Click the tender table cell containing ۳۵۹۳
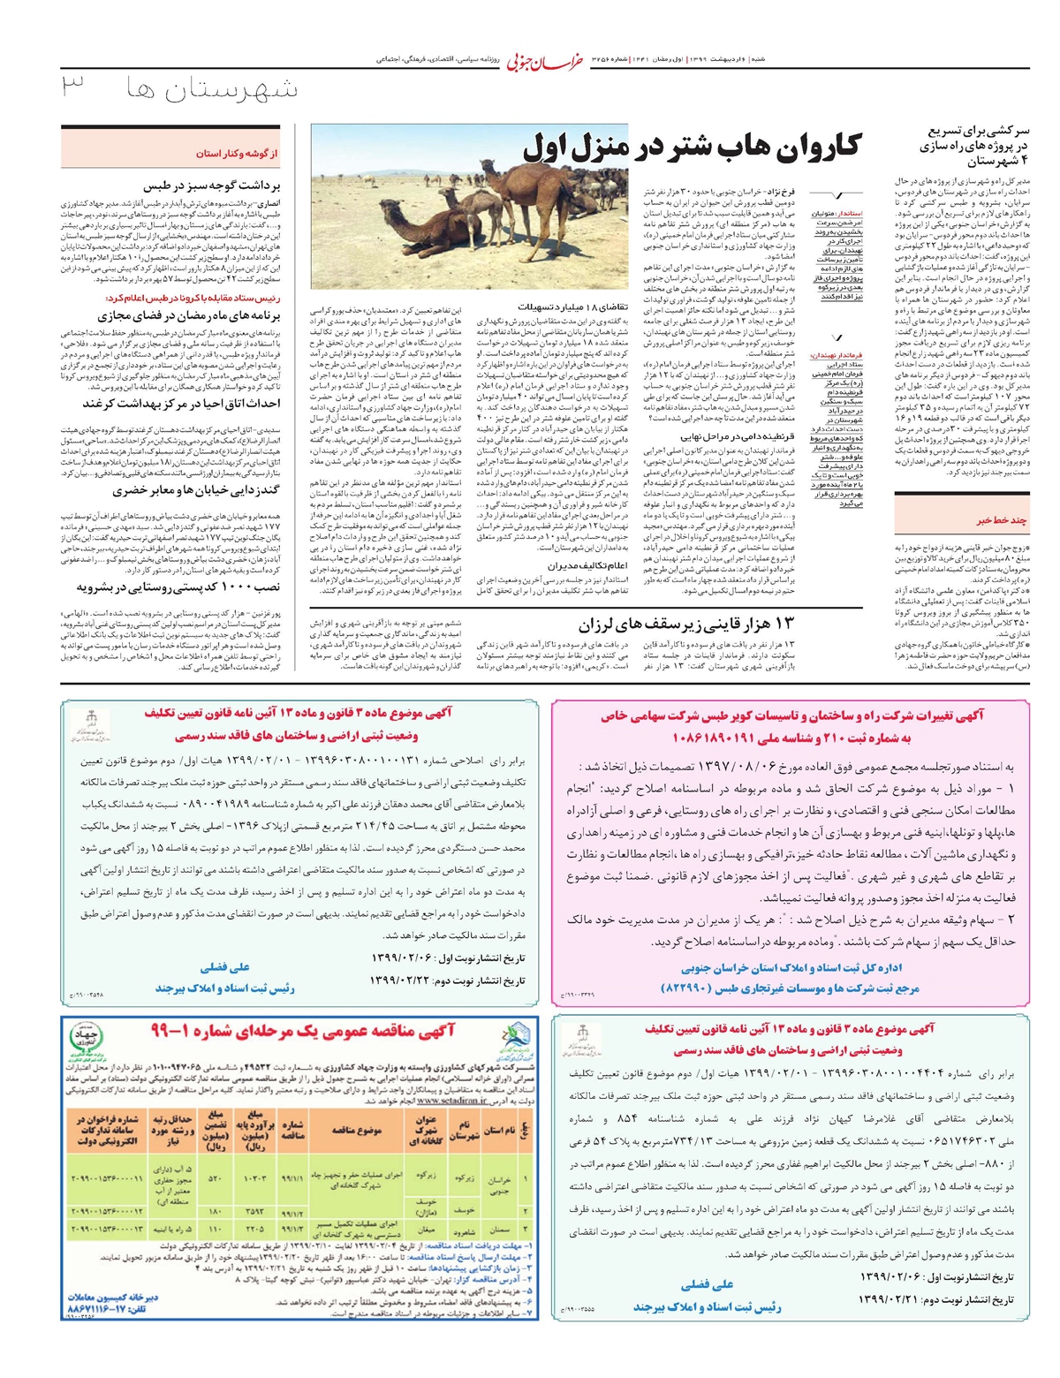[x=254, y=1211]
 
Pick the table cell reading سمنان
[x=499, y=1229]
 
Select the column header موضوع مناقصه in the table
[x=356, y=1130]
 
